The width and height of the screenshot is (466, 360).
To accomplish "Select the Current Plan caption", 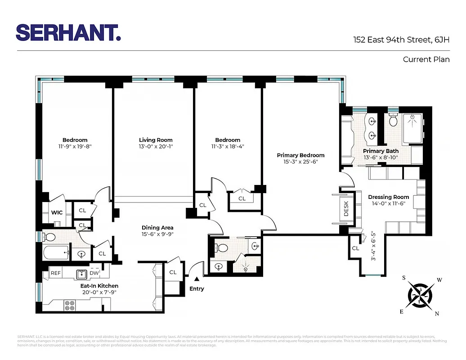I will click(426, 59).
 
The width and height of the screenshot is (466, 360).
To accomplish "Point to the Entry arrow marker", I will click(197, 279).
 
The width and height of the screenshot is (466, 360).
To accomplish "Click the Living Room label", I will click(156, 140).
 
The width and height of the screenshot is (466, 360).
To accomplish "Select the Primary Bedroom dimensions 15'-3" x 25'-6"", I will click(300, 162).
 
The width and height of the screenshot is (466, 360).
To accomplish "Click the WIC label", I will click(57, 212).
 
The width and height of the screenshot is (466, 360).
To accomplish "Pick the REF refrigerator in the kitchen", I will click(55, 273).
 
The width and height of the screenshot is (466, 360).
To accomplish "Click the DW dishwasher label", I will click(94, 273).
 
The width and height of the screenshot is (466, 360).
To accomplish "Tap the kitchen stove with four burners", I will click(70, 306).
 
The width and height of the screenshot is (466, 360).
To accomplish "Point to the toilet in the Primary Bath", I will click(393, 120).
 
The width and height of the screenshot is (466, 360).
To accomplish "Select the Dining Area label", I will click(157, 228).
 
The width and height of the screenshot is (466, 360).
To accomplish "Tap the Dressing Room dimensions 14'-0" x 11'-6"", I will click(389, 203).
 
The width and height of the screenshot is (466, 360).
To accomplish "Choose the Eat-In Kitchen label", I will click(99, 286).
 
